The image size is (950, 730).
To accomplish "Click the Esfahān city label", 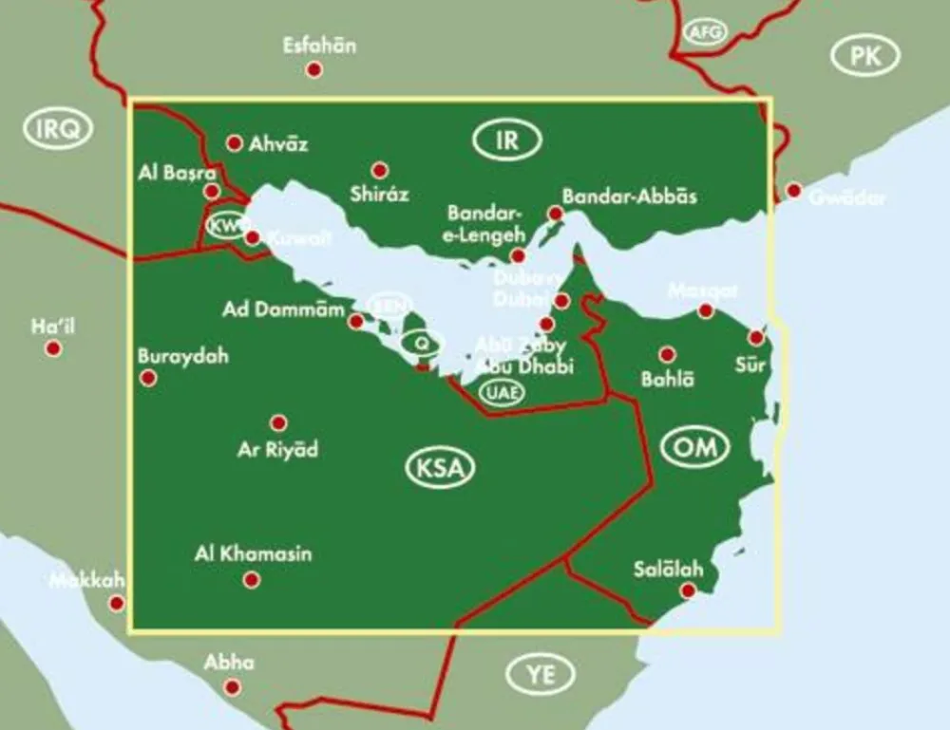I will [319, 46].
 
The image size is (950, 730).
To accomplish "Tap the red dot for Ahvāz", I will [234, 143].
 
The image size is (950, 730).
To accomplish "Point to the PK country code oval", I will [864, 57].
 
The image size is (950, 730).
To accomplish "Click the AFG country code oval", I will [705, 32].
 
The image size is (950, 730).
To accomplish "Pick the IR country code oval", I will [506, 141].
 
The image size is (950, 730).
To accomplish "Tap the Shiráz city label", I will [379, 195].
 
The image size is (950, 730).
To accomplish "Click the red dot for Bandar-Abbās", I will [555, 215].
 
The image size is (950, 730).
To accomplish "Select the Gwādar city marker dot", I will [793, 191].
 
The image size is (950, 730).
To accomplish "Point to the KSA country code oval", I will [440, 468].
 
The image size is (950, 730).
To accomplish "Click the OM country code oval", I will [694, 446].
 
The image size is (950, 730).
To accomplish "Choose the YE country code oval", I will [540, 674].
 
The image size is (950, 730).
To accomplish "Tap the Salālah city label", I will [668, 570].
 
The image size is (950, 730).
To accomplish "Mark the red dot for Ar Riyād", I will [278, 423].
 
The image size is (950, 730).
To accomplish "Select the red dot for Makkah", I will [116, 603].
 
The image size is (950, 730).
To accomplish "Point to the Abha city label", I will [229, 664].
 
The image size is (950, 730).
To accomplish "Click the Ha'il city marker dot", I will [53, 348].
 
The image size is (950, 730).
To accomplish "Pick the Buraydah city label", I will [183, 357].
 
